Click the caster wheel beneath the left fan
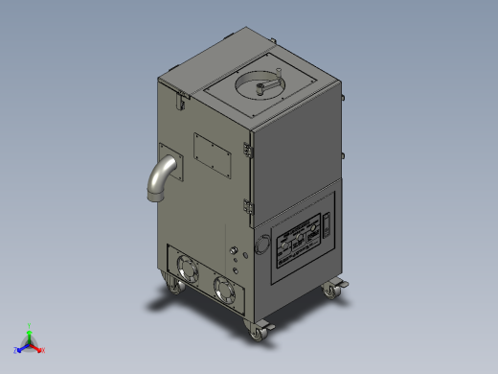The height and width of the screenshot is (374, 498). tap(173, 285)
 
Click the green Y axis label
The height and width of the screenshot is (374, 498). tap(31, 326)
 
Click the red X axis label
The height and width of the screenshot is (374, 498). tap(43, 350)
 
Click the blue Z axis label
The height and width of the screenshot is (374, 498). tap(16, 350)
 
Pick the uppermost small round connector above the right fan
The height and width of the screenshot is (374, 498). tap(234, 251)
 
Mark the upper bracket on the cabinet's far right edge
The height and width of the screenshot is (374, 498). tap(342, 93)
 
